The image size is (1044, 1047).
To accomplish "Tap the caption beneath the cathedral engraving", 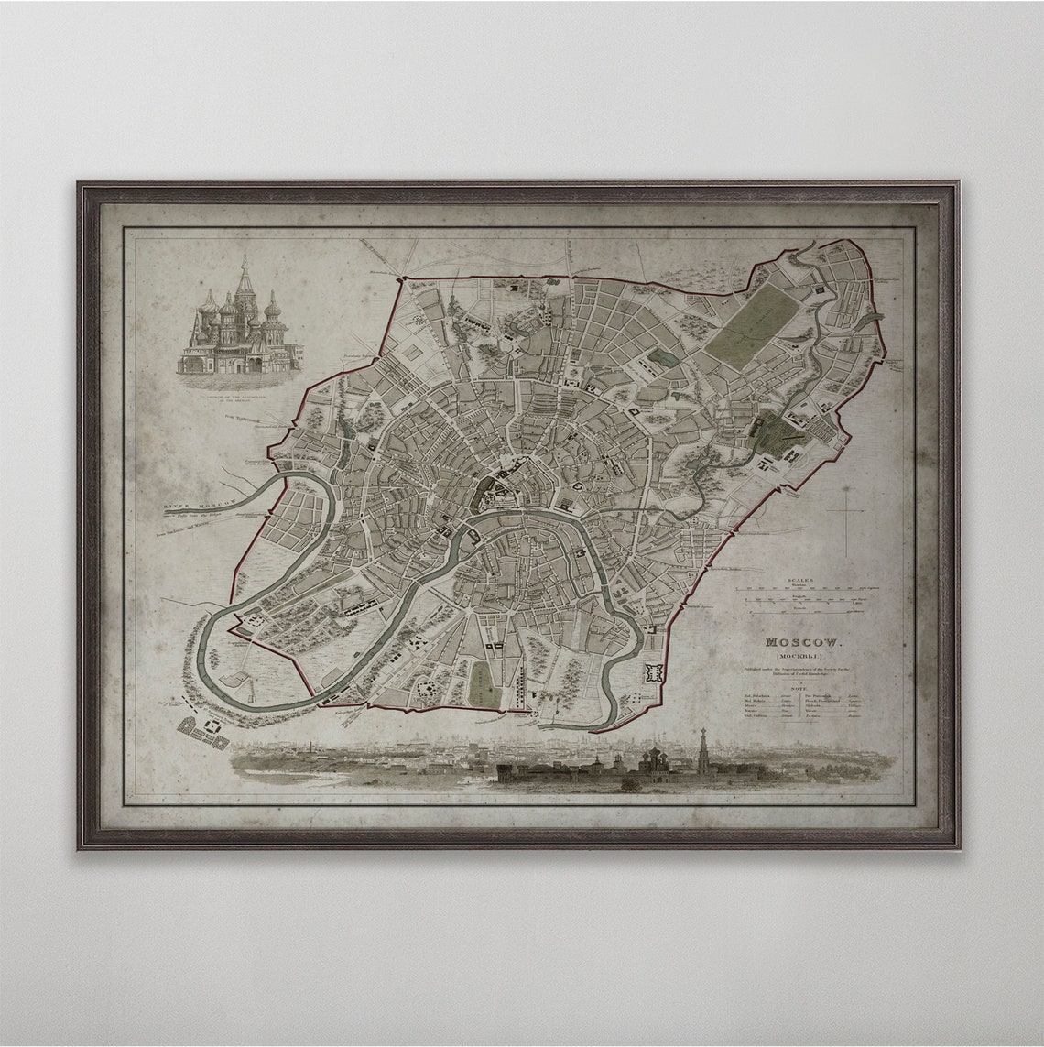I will [240, 382].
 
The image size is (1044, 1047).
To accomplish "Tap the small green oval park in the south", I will [482, 682].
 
